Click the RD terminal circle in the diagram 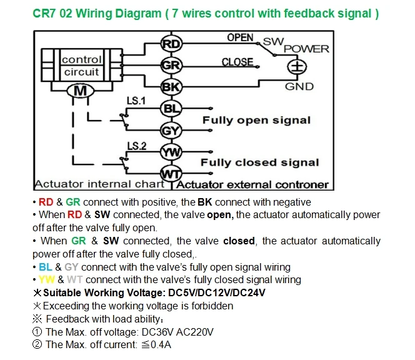(171, 44)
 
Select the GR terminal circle (171, 65)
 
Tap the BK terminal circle (171, 87)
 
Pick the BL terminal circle (171, 109)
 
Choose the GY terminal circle (171, 131)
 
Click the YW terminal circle (171, 152)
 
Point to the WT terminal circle (171, 174)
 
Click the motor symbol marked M (80, 91)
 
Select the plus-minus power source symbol (297, 66)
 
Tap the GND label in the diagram (299, 86)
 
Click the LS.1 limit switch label (136, 101)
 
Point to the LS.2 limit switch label (137, 146)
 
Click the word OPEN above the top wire (241, 37)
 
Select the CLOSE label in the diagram (237, 62)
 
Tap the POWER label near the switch (306, 49)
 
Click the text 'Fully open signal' (256, 120)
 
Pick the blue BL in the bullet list (46, 267)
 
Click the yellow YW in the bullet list (47, 280)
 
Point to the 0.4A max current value (161, 344)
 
